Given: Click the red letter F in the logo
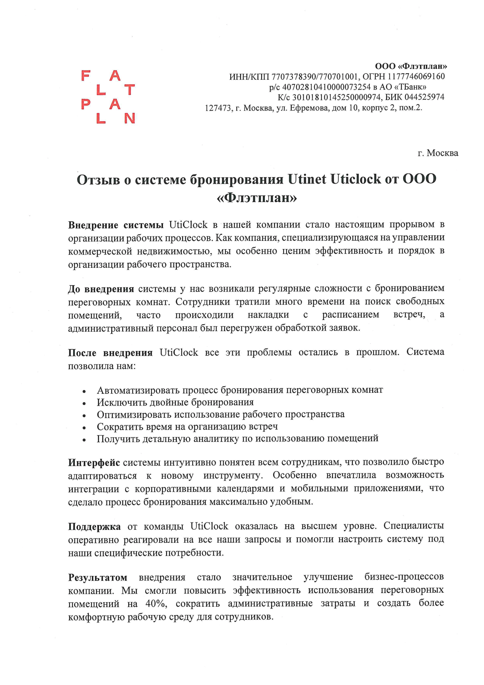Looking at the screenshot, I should point(85,76).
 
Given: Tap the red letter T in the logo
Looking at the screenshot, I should point(130,89).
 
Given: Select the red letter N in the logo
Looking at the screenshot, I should point(130,118).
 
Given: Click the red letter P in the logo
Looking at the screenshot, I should point(85,104).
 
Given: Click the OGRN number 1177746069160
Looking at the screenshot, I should point(416,76).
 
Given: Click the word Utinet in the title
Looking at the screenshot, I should point(307,179).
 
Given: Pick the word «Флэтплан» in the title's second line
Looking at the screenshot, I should point(257,197).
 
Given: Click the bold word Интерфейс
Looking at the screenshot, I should point(94,463).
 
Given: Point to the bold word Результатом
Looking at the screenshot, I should point(97,577).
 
